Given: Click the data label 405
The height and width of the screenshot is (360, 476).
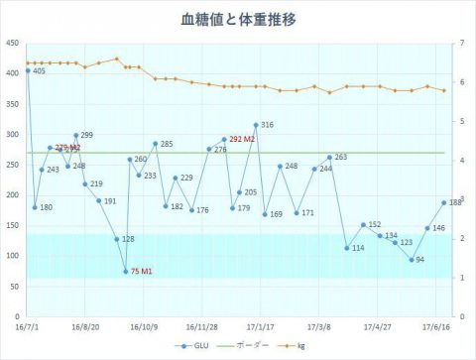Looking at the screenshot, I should (40, 71).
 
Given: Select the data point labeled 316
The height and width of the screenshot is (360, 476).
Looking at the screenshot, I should (256, 125).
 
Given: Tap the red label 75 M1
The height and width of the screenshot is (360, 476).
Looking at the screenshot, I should (142, 272).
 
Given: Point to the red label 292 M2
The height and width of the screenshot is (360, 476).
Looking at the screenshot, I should (243, 140).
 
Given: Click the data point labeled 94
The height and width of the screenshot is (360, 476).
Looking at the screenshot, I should (412, 260).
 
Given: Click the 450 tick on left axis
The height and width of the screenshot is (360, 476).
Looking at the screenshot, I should (12, 43).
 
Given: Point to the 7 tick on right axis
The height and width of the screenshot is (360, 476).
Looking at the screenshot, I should (463, 43).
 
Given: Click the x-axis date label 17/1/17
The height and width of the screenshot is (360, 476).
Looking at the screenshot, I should (261, 324).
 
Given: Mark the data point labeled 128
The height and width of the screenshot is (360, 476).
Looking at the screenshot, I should (116, 239).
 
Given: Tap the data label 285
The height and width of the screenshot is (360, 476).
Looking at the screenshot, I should (167, 145).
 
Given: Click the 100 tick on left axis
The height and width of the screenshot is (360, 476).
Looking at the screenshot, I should (12, 256).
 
